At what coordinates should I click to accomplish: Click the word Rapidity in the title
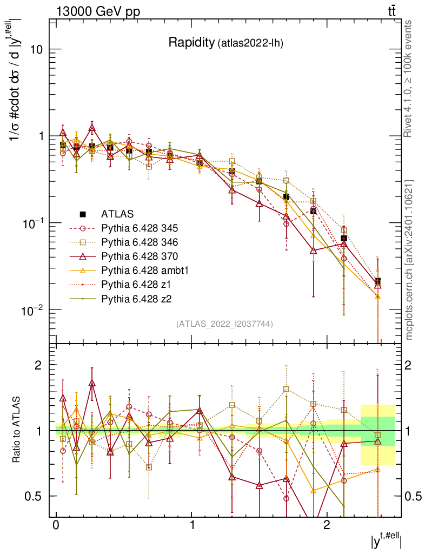coord(191,43)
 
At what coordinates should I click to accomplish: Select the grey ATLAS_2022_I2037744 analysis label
coord(224,324)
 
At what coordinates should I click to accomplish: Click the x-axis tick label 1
coord(191,526)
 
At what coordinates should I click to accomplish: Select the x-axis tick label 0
coord(56,526)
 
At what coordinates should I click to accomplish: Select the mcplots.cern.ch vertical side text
coord(409,260)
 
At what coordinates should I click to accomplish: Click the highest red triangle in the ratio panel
coord(92,383)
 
